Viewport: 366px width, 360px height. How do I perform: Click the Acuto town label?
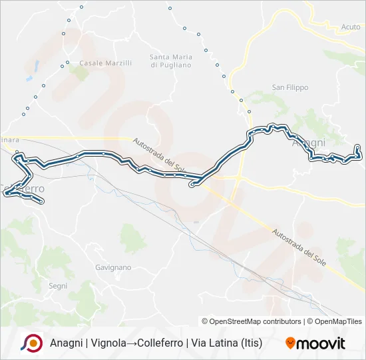coord(350,27)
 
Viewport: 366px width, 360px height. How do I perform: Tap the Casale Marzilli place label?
coord(105,63)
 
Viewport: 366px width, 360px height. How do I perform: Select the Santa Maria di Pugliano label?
coord(170,61)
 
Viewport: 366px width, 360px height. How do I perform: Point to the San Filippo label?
coord(288,87)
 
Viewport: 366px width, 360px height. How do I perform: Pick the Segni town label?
coord(58,285)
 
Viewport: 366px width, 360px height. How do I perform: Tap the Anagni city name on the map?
coord(309,143)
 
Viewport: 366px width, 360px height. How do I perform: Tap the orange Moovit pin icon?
coord(290,343)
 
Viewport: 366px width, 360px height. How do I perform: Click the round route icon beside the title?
coord(31,343)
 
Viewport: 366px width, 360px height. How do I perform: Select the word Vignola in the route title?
coord(108,343)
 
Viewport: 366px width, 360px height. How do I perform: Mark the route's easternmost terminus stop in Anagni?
coord(358,147)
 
